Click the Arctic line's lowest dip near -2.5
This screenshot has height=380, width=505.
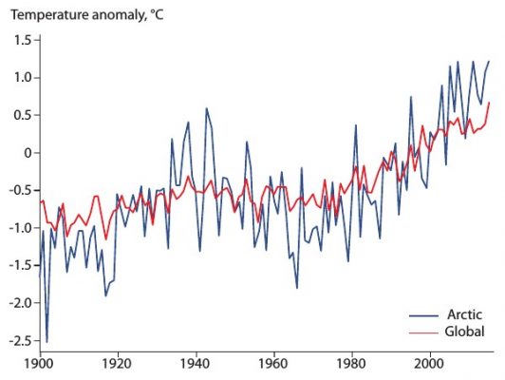[47, 340]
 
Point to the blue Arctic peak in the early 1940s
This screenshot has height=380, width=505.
[205, 108]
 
